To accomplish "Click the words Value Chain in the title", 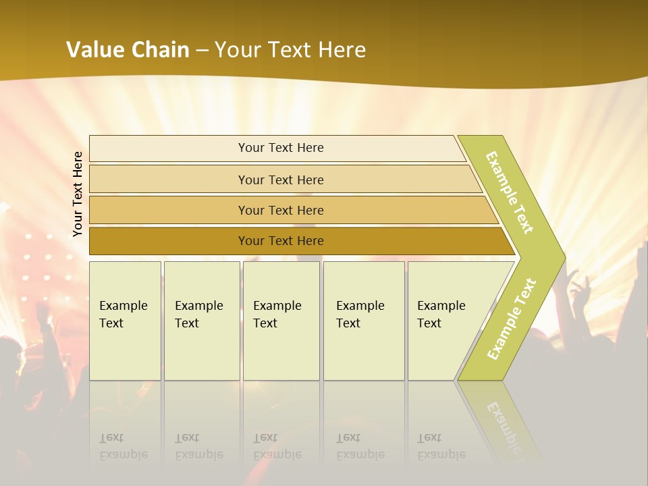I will click(128, 50).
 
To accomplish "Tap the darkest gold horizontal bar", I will click(169, 241).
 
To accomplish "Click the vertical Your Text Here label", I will click(78, 194).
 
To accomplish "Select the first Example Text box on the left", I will click(125, 321).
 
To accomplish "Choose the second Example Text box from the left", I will click(202, 321).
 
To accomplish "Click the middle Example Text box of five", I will click(281, 321).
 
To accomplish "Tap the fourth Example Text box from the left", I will click(364, 321).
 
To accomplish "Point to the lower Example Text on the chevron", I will click(512, 319).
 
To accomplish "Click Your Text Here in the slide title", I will click(290, 50).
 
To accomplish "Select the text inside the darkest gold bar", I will click(281, 241).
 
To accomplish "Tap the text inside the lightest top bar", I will click(281, 148).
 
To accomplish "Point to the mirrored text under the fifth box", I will click(441, 446).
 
